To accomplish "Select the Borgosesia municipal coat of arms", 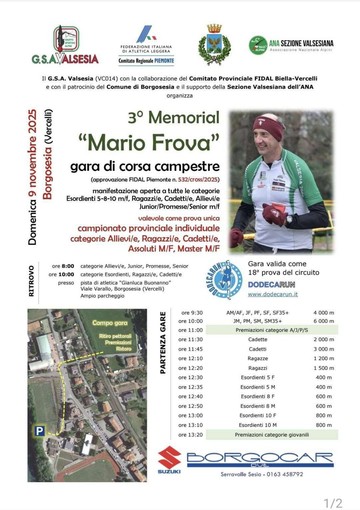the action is (x=212, y=45).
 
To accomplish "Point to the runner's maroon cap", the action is (x=269, y=125).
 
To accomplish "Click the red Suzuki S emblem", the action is (x=167, y=459).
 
